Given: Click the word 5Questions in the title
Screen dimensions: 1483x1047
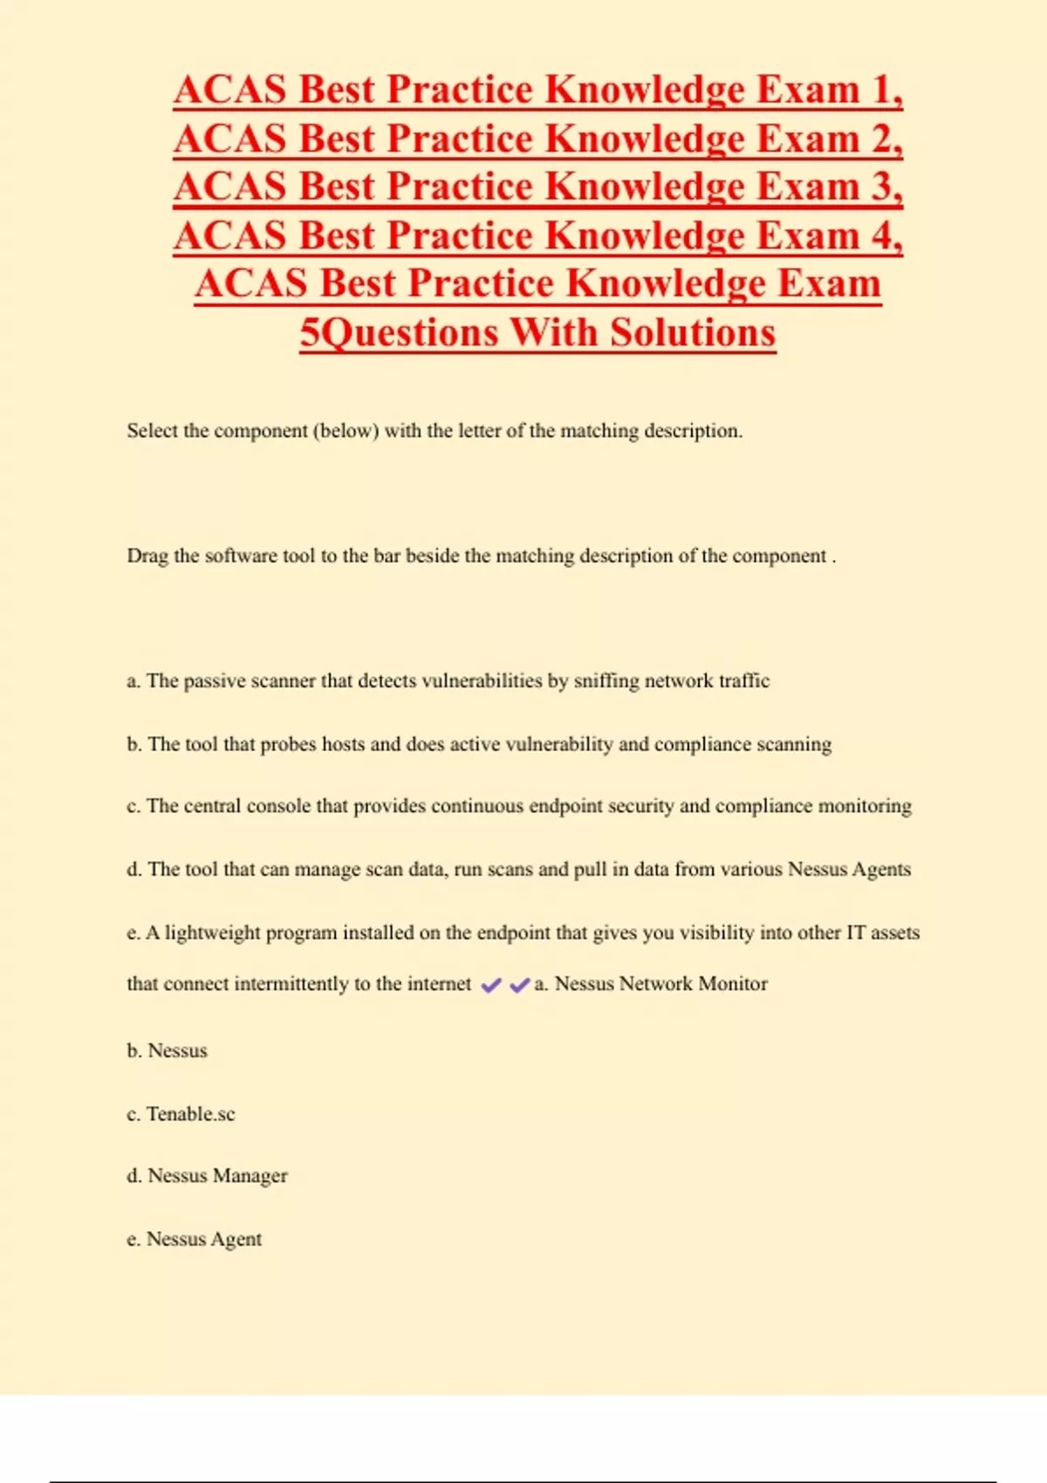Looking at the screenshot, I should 399,332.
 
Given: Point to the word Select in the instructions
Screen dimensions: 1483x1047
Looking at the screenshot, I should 153,430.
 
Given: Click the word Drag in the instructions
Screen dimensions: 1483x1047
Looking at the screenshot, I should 147,556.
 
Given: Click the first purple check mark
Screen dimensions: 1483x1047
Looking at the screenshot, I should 491,985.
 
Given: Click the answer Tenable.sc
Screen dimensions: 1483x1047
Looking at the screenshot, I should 190,1114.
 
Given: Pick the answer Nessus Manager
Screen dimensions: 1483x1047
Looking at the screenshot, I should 217,1176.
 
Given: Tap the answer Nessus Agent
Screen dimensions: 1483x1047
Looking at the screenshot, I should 203,1239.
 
